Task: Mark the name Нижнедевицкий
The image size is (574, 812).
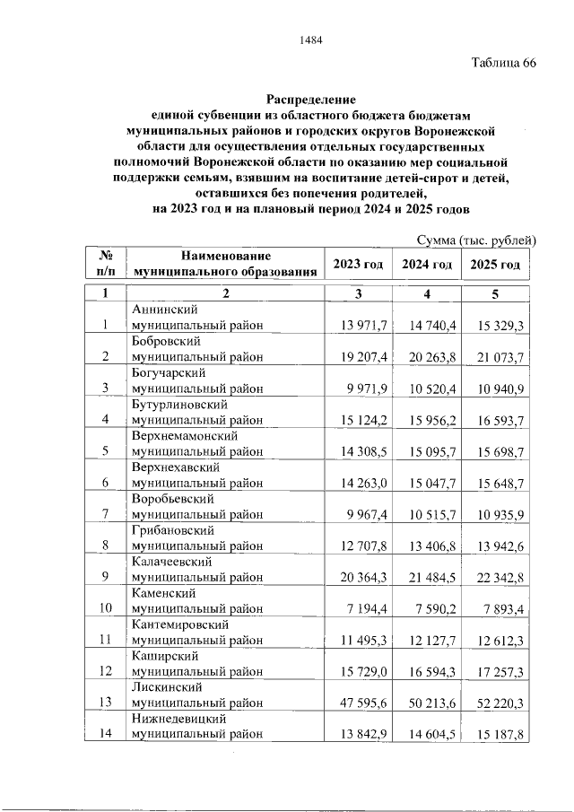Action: (178, 718)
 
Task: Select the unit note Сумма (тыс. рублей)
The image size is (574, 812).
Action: (476, 240)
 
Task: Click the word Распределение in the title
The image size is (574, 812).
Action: (310, 99)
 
